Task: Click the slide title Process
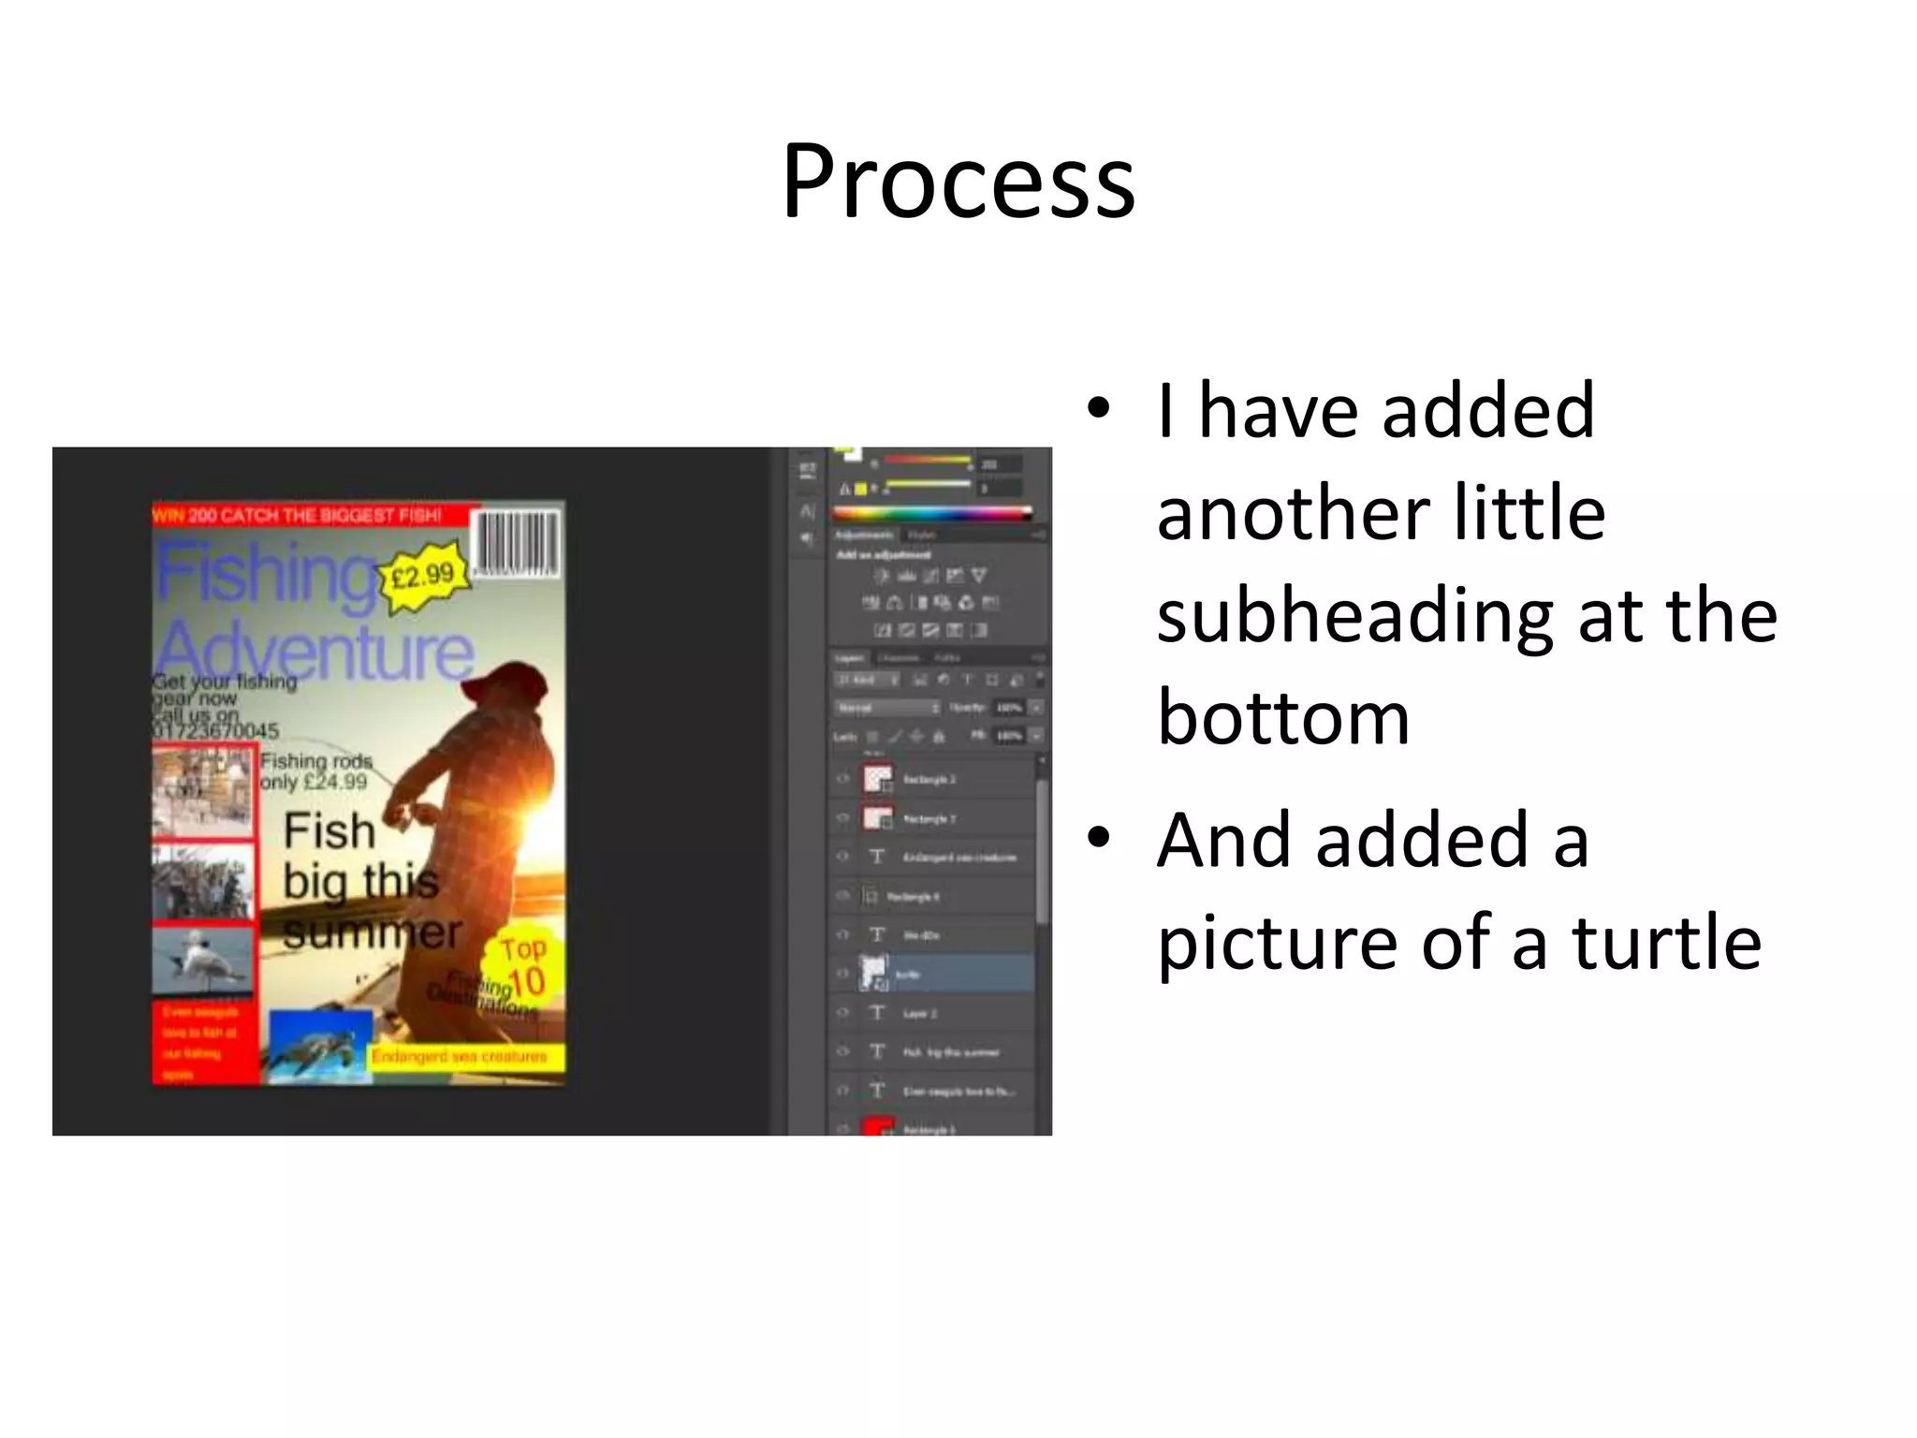click(958, 182)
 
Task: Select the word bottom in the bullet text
click(1282, 718)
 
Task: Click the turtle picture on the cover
click(319, 1048)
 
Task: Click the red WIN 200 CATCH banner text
click(298, 516)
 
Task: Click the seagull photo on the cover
click(202, 956)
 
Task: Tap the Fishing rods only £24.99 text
click(315, 771)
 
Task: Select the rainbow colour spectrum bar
click(931, 513)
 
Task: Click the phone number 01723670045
click(215, 730)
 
